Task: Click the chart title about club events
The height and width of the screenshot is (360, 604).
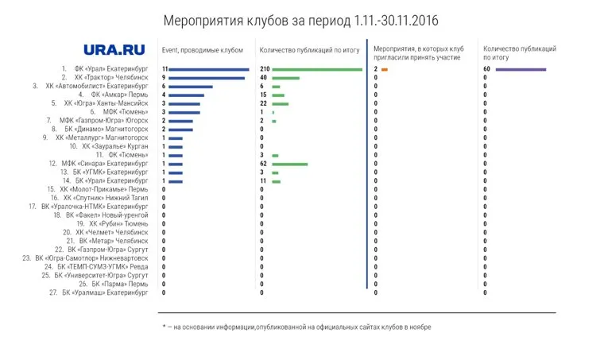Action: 300,18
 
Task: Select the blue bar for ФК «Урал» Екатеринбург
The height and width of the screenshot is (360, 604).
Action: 209,69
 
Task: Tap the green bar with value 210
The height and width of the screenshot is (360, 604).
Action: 317,69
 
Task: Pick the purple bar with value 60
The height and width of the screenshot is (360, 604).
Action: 521,69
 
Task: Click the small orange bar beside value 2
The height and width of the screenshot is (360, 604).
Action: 385,69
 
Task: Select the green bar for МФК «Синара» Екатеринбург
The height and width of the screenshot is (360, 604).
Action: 289,164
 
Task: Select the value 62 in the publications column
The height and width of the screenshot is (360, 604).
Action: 264,164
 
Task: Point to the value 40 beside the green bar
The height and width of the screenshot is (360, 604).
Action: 264,78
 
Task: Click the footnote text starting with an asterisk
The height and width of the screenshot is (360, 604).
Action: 296,327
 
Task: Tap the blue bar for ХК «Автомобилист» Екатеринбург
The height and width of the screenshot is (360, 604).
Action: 191,87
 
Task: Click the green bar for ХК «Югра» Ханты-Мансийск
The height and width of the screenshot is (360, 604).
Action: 280,103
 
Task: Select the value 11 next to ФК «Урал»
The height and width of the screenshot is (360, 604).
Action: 165,69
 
